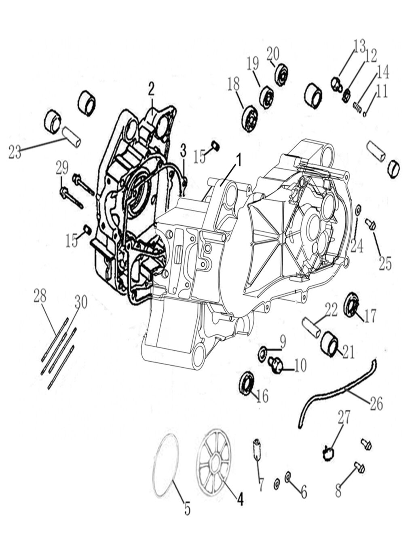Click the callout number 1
239,161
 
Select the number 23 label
15,153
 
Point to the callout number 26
376,404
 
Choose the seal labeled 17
351,304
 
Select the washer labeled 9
262,354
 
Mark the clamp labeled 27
328,451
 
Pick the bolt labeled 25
370,223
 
